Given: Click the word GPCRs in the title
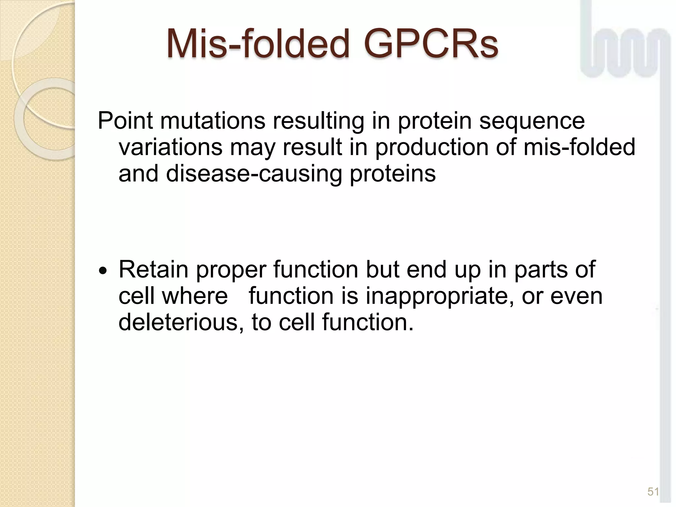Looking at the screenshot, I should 431,44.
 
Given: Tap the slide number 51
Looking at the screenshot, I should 653,491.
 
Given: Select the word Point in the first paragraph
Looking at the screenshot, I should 125,121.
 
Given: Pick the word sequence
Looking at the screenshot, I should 532,121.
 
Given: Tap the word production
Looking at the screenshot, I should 432,147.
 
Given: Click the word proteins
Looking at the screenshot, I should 392,174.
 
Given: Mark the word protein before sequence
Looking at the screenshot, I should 434,121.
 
